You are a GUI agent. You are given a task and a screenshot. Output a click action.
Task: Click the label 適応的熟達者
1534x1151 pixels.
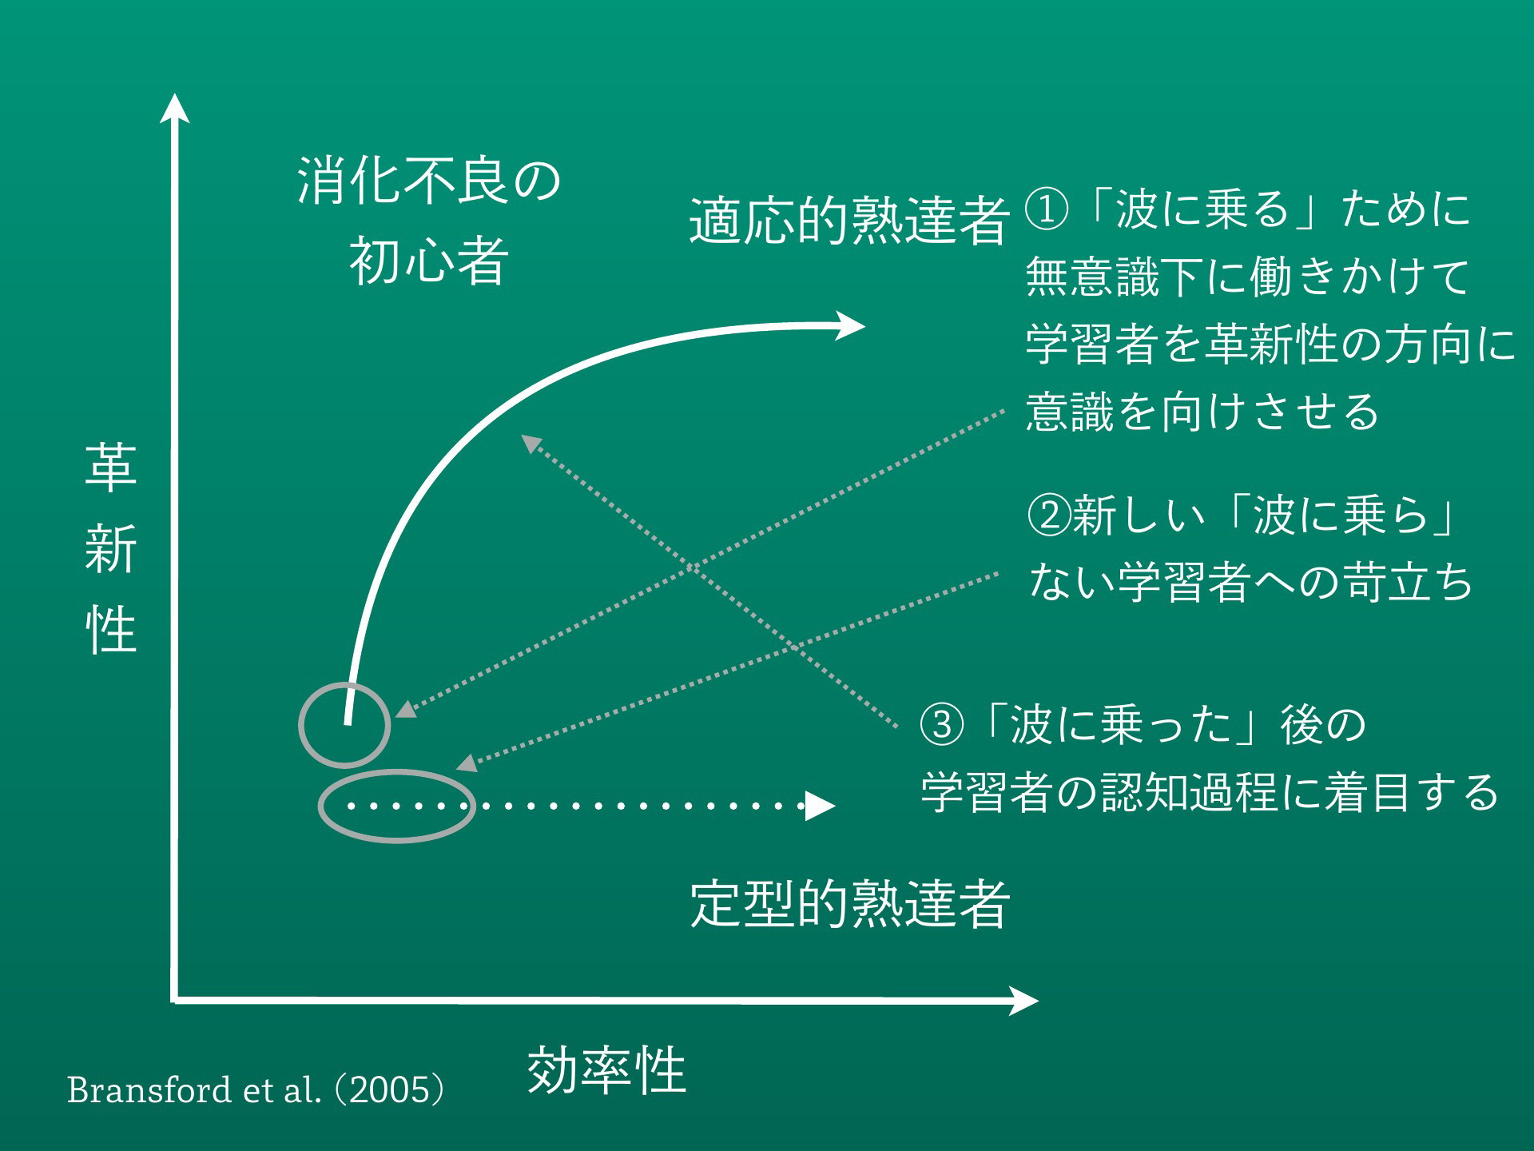tap(849, 221)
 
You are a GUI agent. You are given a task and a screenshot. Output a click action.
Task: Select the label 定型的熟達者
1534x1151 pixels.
tap(850, 904)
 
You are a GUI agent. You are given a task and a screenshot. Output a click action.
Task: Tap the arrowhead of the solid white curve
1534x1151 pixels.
tap(850, 325)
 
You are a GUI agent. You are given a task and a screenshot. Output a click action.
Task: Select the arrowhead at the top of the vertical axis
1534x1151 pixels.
tap(174, 109)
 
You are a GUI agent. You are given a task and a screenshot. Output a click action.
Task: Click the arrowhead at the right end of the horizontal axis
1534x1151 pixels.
tap(1023, 1000)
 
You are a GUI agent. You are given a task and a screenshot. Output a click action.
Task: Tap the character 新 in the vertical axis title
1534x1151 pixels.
tap(111, 549)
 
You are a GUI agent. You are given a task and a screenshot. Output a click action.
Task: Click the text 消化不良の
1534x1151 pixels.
tap(429, 181)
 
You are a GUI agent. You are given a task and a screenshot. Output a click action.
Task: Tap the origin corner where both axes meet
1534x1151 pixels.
tap(174, 1000)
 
